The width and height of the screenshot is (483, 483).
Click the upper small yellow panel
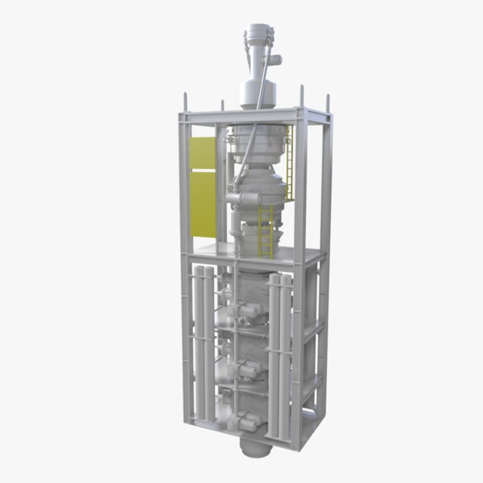202,152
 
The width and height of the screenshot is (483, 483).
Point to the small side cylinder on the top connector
275,59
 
